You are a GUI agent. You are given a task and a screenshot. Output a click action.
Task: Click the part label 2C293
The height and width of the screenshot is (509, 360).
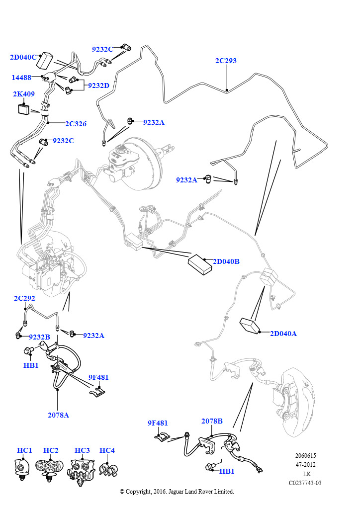[x=226, y=61]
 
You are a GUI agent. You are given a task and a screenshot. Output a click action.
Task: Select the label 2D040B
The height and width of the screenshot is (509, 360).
[x=226, y=261]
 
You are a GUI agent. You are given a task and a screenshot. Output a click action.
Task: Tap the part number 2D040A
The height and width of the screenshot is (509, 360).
[x=283, y=334]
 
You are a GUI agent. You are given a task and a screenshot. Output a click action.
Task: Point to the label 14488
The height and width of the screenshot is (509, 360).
[x=22, y=78]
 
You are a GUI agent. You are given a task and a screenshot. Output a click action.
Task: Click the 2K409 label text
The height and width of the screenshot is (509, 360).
[x=23, y=93]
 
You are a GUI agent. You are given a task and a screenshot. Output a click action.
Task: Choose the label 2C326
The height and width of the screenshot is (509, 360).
[x=76, y=123]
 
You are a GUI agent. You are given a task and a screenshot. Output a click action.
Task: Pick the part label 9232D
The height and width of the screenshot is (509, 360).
[x=98, y=85]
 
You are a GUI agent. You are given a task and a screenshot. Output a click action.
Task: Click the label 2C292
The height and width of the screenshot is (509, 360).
[x=24, y=298]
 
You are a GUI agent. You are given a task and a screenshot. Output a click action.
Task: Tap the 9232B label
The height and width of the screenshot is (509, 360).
[x=39, y=337]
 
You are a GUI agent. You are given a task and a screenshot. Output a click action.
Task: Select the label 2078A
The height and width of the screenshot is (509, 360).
[x=58, y=415]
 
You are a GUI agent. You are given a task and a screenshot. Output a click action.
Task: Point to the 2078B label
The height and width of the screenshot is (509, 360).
[x=212, y=421]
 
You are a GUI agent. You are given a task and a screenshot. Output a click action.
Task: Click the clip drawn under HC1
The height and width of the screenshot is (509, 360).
[x=22, y=469]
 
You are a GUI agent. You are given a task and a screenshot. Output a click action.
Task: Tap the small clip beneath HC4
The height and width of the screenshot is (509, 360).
[x=107, y=469]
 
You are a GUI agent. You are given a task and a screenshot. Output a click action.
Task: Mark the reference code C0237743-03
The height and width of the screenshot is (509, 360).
[x=305, y=483]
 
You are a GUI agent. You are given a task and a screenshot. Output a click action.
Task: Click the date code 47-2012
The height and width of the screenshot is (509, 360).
[x=305, y=465]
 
